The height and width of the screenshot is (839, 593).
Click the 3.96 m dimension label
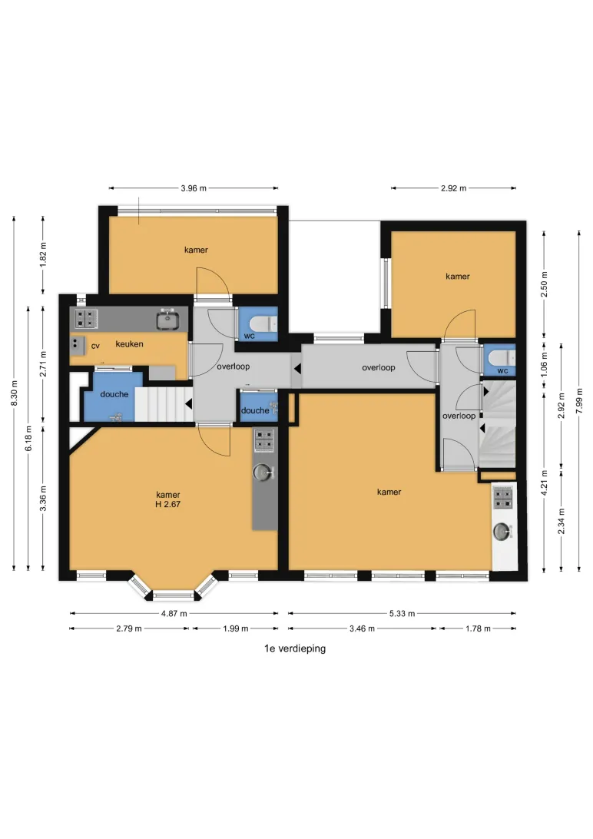(194, 188)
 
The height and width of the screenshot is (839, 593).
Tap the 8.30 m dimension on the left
(15, 393)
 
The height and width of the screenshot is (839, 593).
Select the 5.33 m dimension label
(402, 613)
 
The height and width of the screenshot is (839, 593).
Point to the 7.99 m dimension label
(579, 401)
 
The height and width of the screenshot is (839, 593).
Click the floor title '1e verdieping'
(295, 648)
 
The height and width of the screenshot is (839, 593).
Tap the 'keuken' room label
(129, 344)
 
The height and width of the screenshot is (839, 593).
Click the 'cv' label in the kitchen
(95, 347)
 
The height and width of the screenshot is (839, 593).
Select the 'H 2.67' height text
(168, 504)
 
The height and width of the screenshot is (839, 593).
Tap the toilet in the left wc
(264, 323)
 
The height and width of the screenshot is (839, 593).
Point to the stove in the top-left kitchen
(85, 318)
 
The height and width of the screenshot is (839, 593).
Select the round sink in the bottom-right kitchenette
(502, 531)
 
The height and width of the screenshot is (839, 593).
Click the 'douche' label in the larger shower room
(114, 394)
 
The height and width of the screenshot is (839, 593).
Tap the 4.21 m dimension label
(544, 483)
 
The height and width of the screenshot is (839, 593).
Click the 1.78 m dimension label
(478, 628)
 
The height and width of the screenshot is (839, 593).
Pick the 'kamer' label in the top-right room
(458, 277)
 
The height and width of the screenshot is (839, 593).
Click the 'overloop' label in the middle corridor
(379, 367)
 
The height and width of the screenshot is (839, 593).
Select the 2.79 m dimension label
(129, 628)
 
